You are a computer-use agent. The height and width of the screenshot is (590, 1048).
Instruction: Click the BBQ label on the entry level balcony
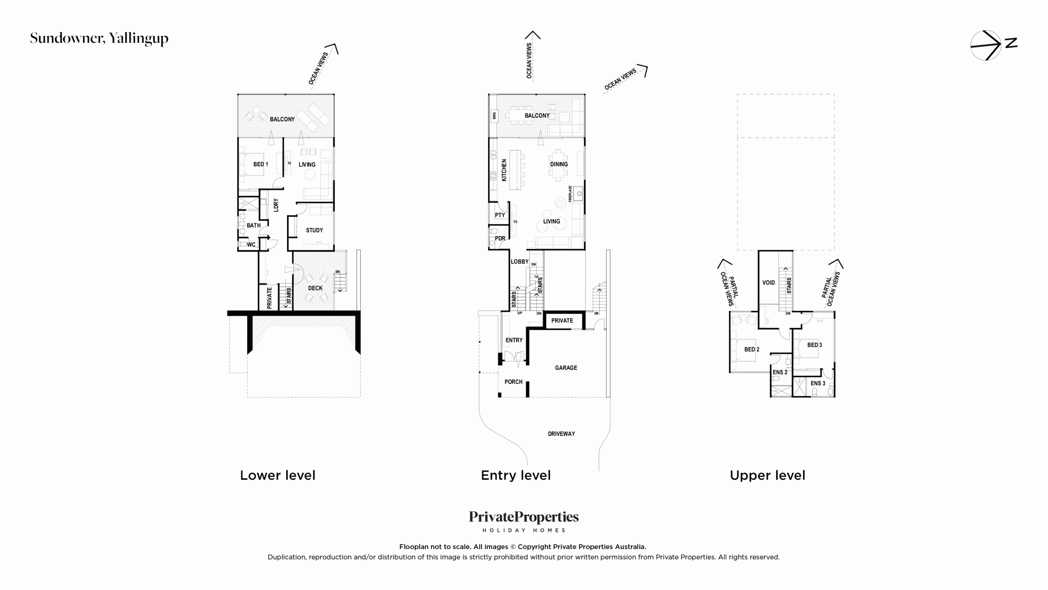click(494, 116)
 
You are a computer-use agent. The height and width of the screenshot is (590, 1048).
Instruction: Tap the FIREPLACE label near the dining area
click(570, 194)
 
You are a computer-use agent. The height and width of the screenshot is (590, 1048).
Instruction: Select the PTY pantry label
click(500, 215)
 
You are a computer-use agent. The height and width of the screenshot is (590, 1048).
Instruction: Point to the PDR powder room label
click(500, 238)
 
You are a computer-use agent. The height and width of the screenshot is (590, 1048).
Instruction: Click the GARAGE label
click(566, 368)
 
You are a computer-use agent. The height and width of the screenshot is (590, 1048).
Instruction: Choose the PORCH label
click(513, 382)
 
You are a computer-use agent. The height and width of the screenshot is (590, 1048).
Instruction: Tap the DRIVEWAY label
click(561, 434)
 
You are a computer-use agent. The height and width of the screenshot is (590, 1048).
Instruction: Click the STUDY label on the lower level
click(314, 230)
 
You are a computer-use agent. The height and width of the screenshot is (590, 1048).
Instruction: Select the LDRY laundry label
click(276, 205)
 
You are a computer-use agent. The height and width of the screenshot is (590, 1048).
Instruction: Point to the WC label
click(251, 245)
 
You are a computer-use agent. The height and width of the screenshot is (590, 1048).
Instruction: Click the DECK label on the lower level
click(315, 288)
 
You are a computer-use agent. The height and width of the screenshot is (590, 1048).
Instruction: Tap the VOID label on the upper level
click(768, 283)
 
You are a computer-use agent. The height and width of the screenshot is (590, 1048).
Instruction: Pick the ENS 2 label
click(780, 372)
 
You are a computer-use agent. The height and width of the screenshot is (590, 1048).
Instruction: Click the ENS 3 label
click(818, 383)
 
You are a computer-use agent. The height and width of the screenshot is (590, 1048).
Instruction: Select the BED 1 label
click(261, 164)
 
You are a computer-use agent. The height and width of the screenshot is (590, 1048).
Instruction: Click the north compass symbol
click(993, 45)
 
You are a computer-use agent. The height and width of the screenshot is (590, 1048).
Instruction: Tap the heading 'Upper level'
click(768, 475)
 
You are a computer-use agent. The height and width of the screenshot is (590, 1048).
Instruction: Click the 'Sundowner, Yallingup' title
click(99, 39)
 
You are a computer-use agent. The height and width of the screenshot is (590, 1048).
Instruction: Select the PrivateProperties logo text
click(524, 517)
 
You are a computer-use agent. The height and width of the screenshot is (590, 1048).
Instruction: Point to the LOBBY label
click(519, 262)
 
